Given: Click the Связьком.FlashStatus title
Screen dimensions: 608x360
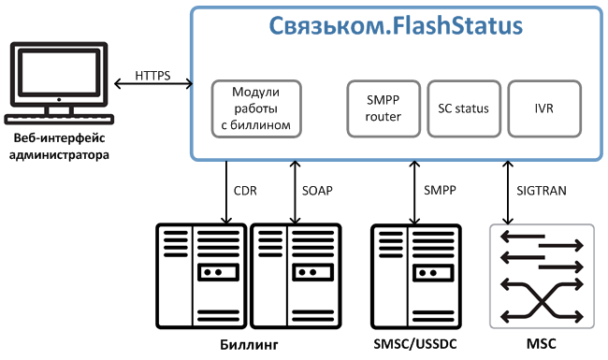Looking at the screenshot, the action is [396, 26].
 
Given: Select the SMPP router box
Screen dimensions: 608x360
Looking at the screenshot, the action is [384, 108].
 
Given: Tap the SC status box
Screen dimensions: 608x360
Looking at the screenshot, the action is [464, 108].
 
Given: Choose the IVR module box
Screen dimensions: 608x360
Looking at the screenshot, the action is [544, 108].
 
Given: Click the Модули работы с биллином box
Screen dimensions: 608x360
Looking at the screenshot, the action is [256, 108].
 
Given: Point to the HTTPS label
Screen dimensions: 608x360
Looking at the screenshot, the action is [152, 76].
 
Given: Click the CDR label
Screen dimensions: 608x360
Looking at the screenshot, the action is [245, 191].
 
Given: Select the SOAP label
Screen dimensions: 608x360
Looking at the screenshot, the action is [317, 191].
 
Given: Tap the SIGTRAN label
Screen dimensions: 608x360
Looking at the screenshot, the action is [542, 191].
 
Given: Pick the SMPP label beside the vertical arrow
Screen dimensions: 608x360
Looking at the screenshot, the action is [440, 190].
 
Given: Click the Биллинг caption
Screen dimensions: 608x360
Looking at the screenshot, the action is [249, 344].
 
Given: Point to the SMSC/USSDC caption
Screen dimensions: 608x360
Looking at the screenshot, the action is [415, 344].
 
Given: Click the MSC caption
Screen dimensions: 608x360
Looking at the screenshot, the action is [542, 344].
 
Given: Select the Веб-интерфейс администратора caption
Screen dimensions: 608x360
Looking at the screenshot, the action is [59, 147].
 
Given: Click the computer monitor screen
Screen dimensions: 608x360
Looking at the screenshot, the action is [59, 72].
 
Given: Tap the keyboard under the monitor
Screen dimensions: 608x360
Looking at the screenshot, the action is [59, 120].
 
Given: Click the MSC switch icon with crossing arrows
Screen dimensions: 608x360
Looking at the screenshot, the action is [543, 276].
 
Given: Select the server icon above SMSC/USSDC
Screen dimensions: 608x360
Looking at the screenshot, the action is [415, 276].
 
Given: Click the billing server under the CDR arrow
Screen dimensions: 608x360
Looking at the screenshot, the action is [201, 276].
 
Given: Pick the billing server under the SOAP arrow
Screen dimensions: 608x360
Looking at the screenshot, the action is [296, 276].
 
